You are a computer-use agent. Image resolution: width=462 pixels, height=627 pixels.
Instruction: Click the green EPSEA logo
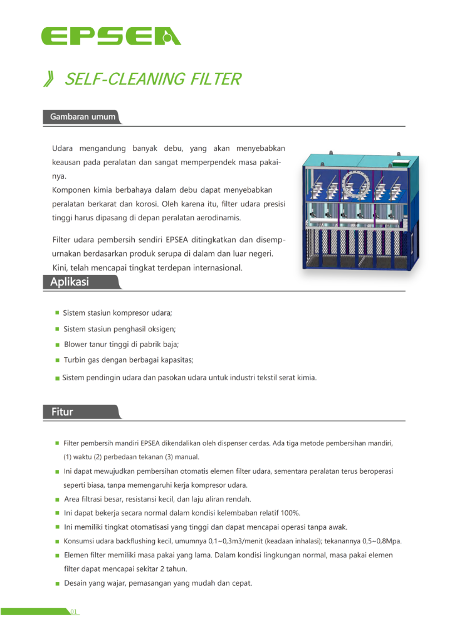[111, 36]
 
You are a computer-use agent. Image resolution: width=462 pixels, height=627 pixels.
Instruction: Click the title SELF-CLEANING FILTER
[152, 79]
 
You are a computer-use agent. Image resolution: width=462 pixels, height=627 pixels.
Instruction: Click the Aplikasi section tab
[70, 282]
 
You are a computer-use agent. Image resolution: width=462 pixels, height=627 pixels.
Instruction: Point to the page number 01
[73, 611]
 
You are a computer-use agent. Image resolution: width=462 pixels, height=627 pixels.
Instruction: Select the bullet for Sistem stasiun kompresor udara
[57, 313]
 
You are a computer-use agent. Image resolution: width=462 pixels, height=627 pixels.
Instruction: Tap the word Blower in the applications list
[76, 345]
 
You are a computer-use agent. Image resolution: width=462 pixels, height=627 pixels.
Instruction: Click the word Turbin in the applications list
[75, 360]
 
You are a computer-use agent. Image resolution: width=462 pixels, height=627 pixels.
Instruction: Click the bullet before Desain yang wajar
[57, 584]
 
